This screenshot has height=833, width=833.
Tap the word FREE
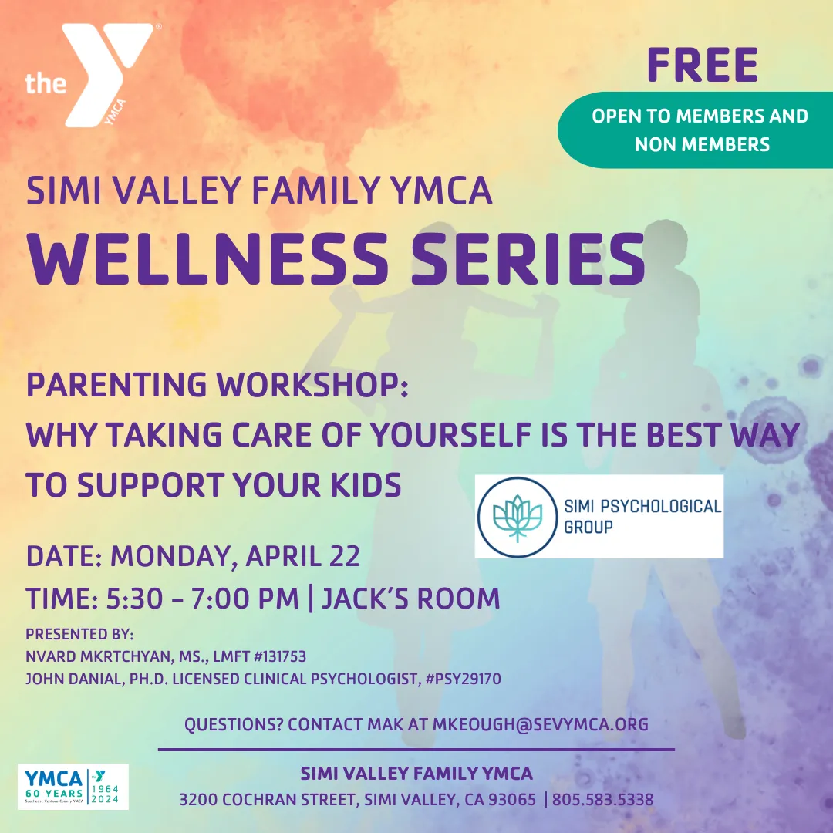click(x=703, y=65)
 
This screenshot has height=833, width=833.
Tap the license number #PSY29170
click(x=459, y=680)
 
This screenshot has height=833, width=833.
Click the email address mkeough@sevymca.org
click(x=540, y=724)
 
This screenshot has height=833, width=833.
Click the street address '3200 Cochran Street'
click(x=265, y=800)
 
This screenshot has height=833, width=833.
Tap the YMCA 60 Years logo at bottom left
click(x=73, y=786)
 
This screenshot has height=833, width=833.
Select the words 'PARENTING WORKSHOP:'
click(x=217, y=385)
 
